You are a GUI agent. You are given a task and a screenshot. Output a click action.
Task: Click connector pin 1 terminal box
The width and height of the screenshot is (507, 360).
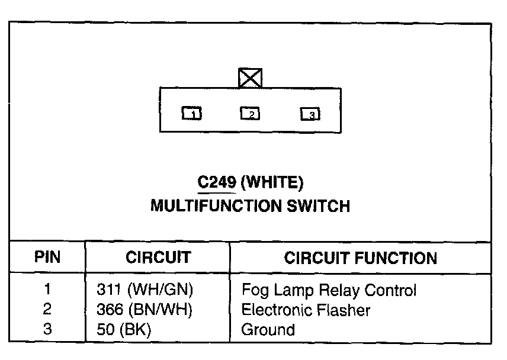click(x=192, y=113)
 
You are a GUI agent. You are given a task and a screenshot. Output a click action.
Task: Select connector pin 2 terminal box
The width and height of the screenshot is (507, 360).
click(x=250, y=112)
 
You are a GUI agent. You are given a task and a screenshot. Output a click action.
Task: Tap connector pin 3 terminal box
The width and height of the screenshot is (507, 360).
click(x=310, y=114)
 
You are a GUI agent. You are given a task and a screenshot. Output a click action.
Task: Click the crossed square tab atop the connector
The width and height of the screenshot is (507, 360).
click(x=250, y=78)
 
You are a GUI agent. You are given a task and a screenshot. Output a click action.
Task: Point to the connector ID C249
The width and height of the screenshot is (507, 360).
click(x=217, y=184)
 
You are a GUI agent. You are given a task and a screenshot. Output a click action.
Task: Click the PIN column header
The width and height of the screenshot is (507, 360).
click(x=47, y=258)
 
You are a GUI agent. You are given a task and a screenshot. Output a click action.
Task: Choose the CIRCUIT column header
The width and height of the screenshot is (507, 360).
click(x=158, y=258)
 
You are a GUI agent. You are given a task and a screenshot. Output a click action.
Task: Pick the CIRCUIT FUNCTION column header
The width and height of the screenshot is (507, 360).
click(x=361, y=258)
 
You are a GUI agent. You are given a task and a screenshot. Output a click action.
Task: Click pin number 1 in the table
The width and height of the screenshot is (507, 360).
click(x=47, y=290)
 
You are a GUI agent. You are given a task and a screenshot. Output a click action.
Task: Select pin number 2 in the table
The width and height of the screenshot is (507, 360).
click(x=47, y=310)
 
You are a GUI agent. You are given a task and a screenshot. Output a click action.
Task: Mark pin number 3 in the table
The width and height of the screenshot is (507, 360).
click(x=47, y=329)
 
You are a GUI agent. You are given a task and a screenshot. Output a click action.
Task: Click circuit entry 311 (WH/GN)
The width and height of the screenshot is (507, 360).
click(x=145, y=290)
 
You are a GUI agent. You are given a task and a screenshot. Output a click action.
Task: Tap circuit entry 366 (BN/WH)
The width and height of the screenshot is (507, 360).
click(x=144, y=310)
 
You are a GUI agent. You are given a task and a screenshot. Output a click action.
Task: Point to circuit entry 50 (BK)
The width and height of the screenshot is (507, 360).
click(x=123, y=329)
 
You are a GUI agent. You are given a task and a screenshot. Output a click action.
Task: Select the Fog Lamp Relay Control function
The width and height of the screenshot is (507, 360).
click(x=329, y=290)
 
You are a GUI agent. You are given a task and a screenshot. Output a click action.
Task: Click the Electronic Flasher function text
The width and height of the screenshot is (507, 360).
click(x=306, y=310)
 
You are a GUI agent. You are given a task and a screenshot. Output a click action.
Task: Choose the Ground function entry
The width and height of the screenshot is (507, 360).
click(x=268, y=329)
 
